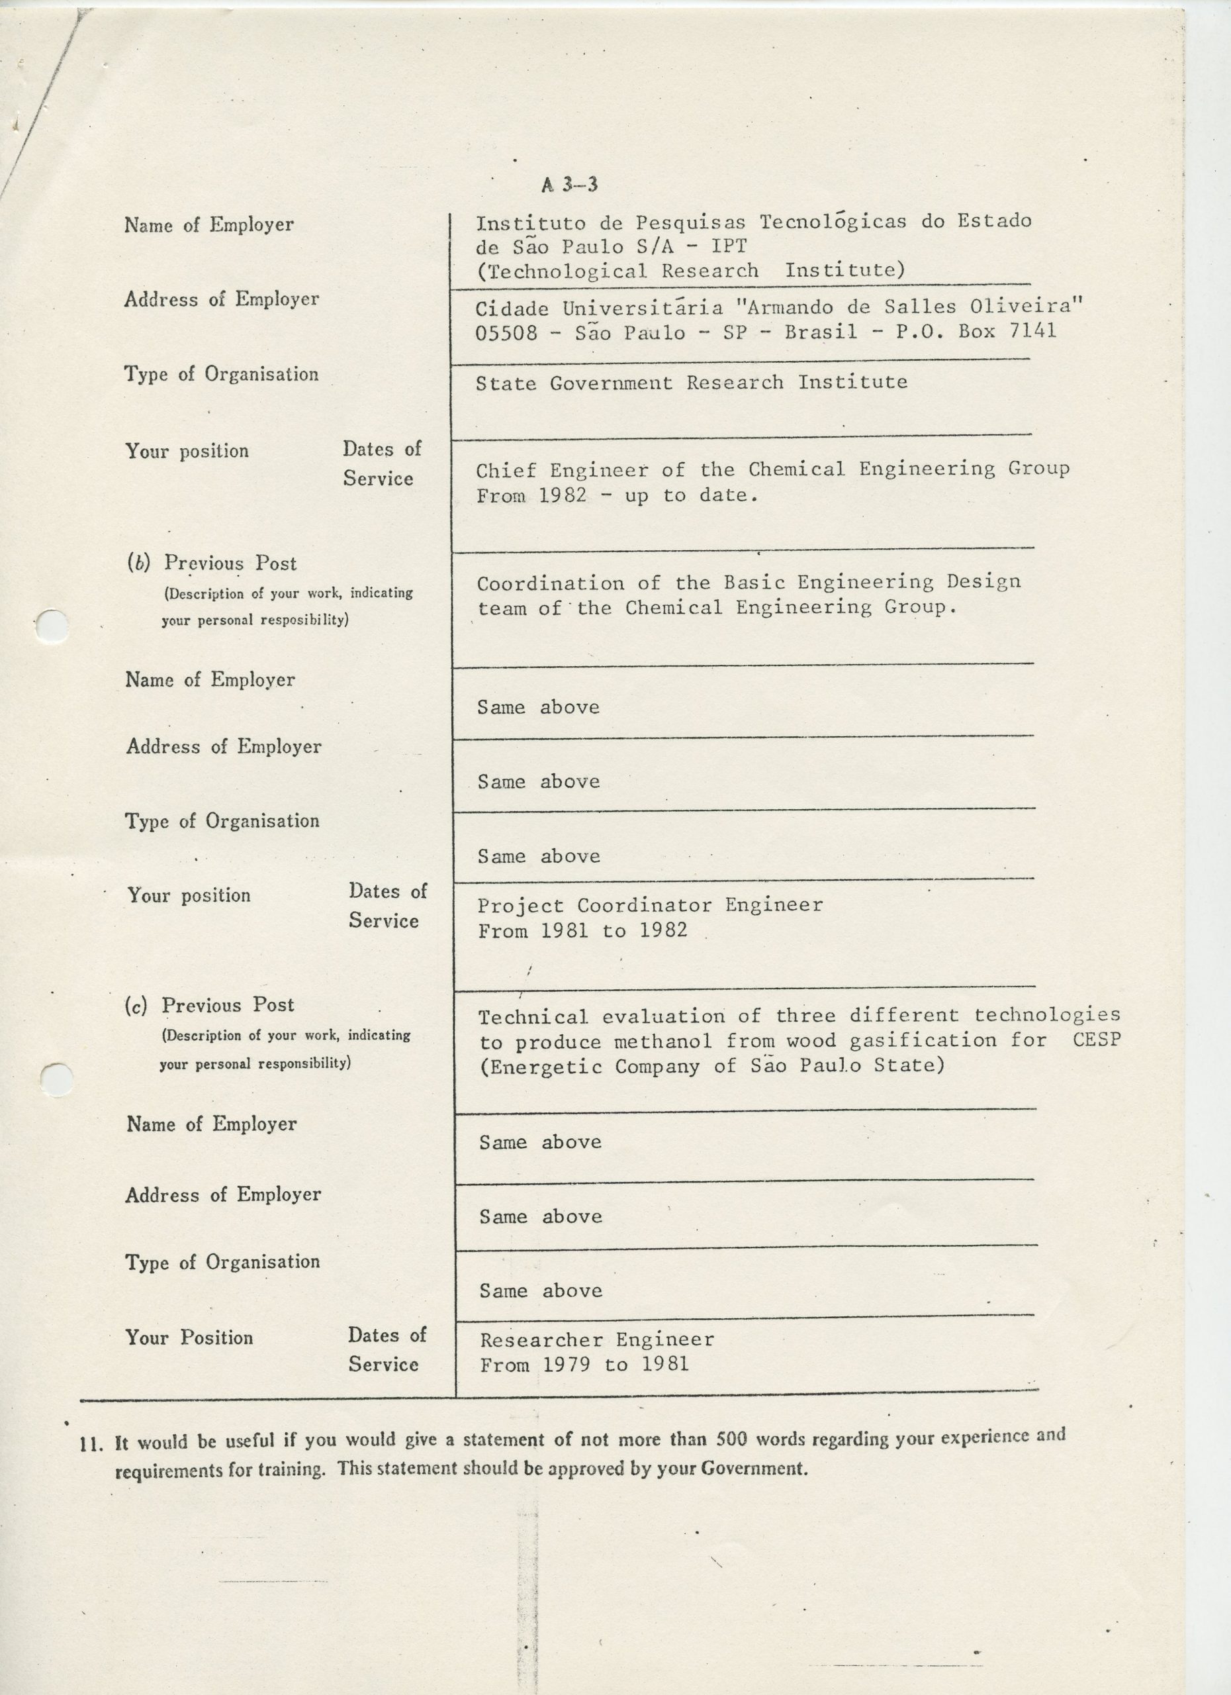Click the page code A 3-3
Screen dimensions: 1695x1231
570,185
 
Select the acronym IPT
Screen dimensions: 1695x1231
727,246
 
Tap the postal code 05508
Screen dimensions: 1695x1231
506,332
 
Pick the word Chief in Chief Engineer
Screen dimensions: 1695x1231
506,470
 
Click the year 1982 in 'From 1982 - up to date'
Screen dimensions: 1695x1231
562,495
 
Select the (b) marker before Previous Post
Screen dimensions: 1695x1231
138,563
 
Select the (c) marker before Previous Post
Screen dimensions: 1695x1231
136,1006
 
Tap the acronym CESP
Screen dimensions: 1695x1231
1096,1040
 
